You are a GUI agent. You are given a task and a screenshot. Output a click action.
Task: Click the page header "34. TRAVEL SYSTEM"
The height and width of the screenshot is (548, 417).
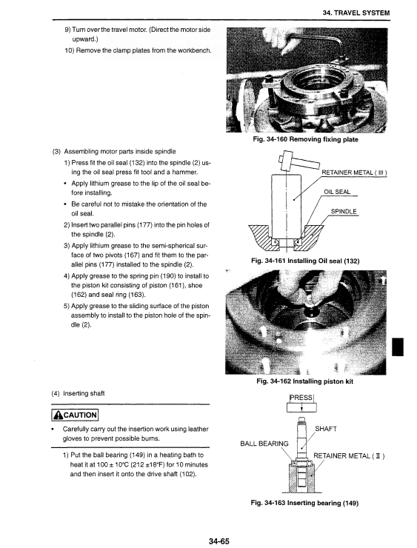356,13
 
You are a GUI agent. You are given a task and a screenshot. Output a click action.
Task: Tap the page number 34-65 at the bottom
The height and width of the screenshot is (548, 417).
218,541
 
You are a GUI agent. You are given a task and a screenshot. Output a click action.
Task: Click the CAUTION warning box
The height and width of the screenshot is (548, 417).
75,415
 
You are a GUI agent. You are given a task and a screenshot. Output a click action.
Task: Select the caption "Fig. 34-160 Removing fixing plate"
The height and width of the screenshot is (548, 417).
305,139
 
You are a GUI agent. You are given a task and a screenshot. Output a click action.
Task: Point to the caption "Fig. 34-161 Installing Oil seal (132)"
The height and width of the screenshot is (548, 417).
305,261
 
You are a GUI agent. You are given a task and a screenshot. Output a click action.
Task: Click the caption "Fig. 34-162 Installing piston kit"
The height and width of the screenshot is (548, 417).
305,381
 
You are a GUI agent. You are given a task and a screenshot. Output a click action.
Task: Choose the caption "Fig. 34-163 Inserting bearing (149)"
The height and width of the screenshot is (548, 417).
305,503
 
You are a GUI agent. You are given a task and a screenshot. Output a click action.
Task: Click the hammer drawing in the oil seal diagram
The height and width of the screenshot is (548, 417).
298,161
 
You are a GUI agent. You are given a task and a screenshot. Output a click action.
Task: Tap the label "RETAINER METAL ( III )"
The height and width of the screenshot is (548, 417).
354,173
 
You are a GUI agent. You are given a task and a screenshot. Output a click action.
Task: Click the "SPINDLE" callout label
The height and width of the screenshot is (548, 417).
344,212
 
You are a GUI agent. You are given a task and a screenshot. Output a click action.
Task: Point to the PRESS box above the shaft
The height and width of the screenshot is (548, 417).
301,403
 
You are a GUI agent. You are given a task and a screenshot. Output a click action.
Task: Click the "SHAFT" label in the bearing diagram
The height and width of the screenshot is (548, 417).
326,429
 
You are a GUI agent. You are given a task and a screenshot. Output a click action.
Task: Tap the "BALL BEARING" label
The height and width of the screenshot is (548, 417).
264,444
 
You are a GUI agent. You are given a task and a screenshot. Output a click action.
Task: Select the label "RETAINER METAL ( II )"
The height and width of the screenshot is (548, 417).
349,455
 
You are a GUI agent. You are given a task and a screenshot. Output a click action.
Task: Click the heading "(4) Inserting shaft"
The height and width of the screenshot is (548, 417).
78,393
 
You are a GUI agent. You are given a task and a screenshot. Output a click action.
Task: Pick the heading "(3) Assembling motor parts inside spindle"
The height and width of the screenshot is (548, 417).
114,152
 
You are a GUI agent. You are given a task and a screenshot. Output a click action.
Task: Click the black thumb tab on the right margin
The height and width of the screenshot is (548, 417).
398,347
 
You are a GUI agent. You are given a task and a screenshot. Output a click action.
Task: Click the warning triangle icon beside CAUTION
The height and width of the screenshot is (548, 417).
59,415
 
